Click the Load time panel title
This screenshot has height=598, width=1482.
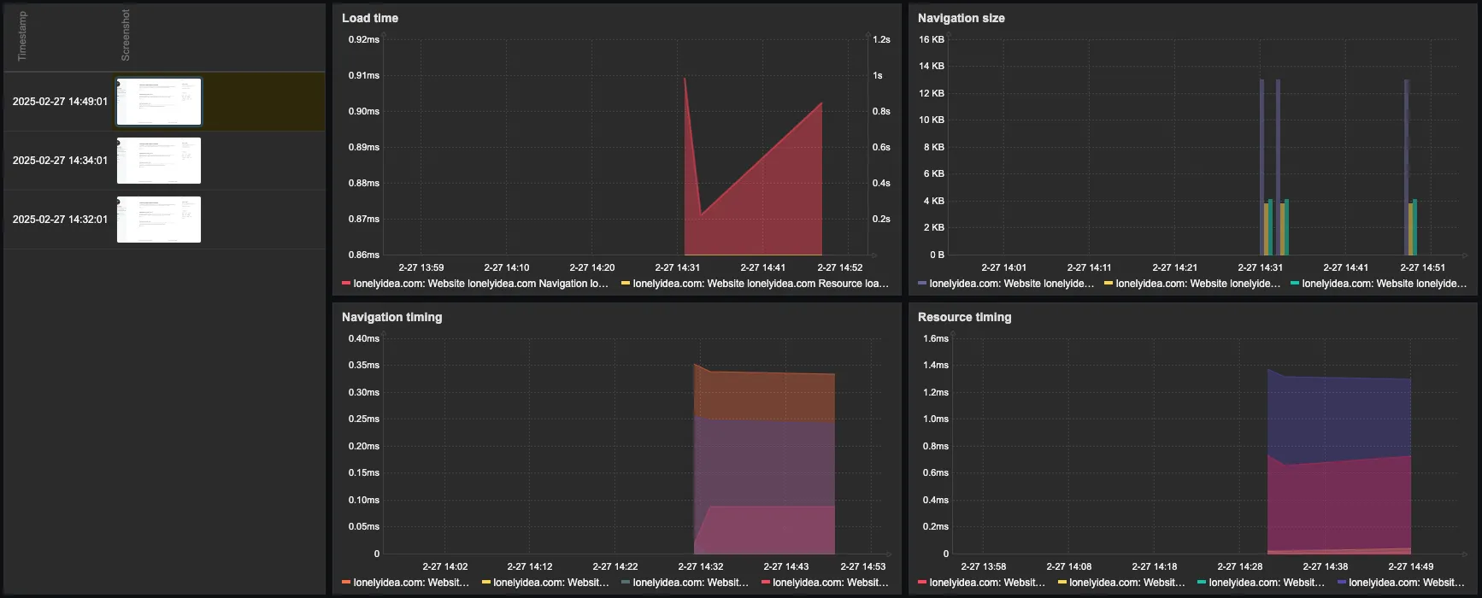[369, 18]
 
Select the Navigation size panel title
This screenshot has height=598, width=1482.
[961, 18]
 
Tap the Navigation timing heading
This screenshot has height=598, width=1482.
[391, 317]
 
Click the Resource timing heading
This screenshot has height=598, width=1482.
[964, 317]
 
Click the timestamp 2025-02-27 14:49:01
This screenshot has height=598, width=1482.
[60, 102]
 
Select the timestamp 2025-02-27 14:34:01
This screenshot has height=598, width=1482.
[60, 161]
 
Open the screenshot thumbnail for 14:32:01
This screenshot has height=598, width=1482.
[159, 220]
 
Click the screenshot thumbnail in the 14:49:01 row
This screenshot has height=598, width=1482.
[159, 102]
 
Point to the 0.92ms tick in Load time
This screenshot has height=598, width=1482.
[363, 39]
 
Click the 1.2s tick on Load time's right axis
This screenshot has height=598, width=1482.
[881, 39]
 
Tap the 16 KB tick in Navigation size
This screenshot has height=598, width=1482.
[931, 39]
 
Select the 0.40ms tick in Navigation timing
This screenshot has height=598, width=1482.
[363, 338]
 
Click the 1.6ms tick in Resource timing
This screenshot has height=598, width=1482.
[935, 338]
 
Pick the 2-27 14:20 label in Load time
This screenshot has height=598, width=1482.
[591, 267]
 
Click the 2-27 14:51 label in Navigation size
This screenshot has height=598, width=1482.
[1422, 267]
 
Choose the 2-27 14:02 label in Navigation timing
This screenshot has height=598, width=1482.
[444, 566]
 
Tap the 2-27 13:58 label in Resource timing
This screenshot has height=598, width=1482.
[983, 566]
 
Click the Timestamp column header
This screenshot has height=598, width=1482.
[22, 36]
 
